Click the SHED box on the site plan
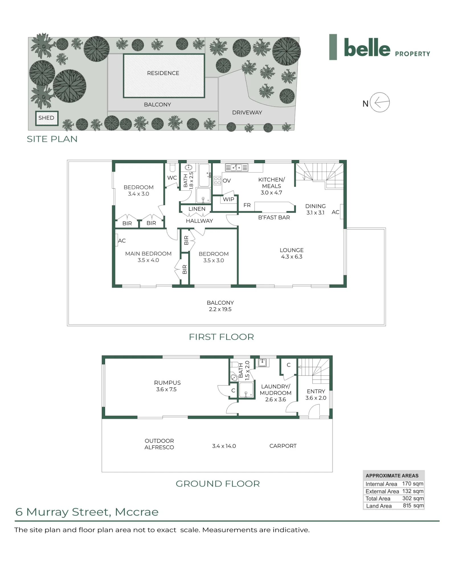(x=47, y=118)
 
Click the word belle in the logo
(x=367, y=47)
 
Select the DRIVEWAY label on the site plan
(x=247, y=113)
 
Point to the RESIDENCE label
(x=163, y=73)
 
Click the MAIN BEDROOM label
(x=148, y=254)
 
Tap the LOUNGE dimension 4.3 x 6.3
(x=292, y=257)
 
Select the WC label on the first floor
(x=172, y=178)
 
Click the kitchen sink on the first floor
(x=236, y=168)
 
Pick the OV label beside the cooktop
(x=227, y=181)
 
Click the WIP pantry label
(x=228, y=199)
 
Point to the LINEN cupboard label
(x=197, y=209)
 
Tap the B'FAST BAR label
(x=274, y=217)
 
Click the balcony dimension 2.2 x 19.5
(x=220, y=309)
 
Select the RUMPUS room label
(x=167, y=383)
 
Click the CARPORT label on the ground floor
(x=283, y=446)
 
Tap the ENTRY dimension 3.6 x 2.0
(x=316, y=398)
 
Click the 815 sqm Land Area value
(x=413, y=506)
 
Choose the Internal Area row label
(x=381, y=484)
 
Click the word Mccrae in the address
(x=137, y=512)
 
